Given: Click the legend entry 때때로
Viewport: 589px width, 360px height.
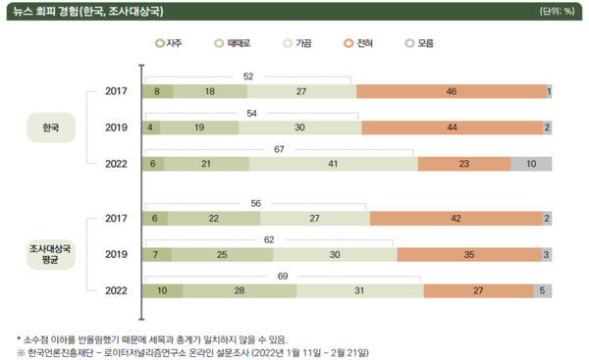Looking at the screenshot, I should (x=234, y=43).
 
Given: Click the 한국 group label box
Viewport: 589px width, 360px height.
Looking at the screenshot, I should (x=50, y=128).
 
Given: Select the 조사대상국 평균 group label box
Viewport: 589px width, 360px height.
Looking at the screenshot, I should (x=50, y=254).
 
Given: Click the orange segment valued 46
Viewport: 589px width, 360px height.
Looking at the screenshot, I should (x=452, y=91).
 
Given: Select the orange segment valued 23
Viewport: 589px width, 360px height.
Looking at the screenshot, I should (x=463, y=164).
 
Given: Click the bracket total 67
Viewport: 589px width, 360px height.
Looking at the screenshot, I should (x=279, y=149).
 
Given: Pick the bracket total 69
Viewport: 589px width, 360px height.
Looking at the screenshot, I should (x=283, y=276).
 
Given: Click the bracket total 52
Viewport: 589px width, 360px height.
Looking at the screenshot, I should (x=249, y=77).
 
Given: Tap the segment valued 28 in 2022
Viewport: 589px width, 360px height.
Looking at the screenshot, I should (x=240, y=290).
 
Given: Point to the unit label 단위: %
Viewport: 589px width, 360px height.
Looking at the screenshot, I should (x=557, y=12).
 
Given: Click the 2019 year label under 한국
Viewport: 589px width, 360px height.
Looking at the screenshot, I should (x=117, y=128).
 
